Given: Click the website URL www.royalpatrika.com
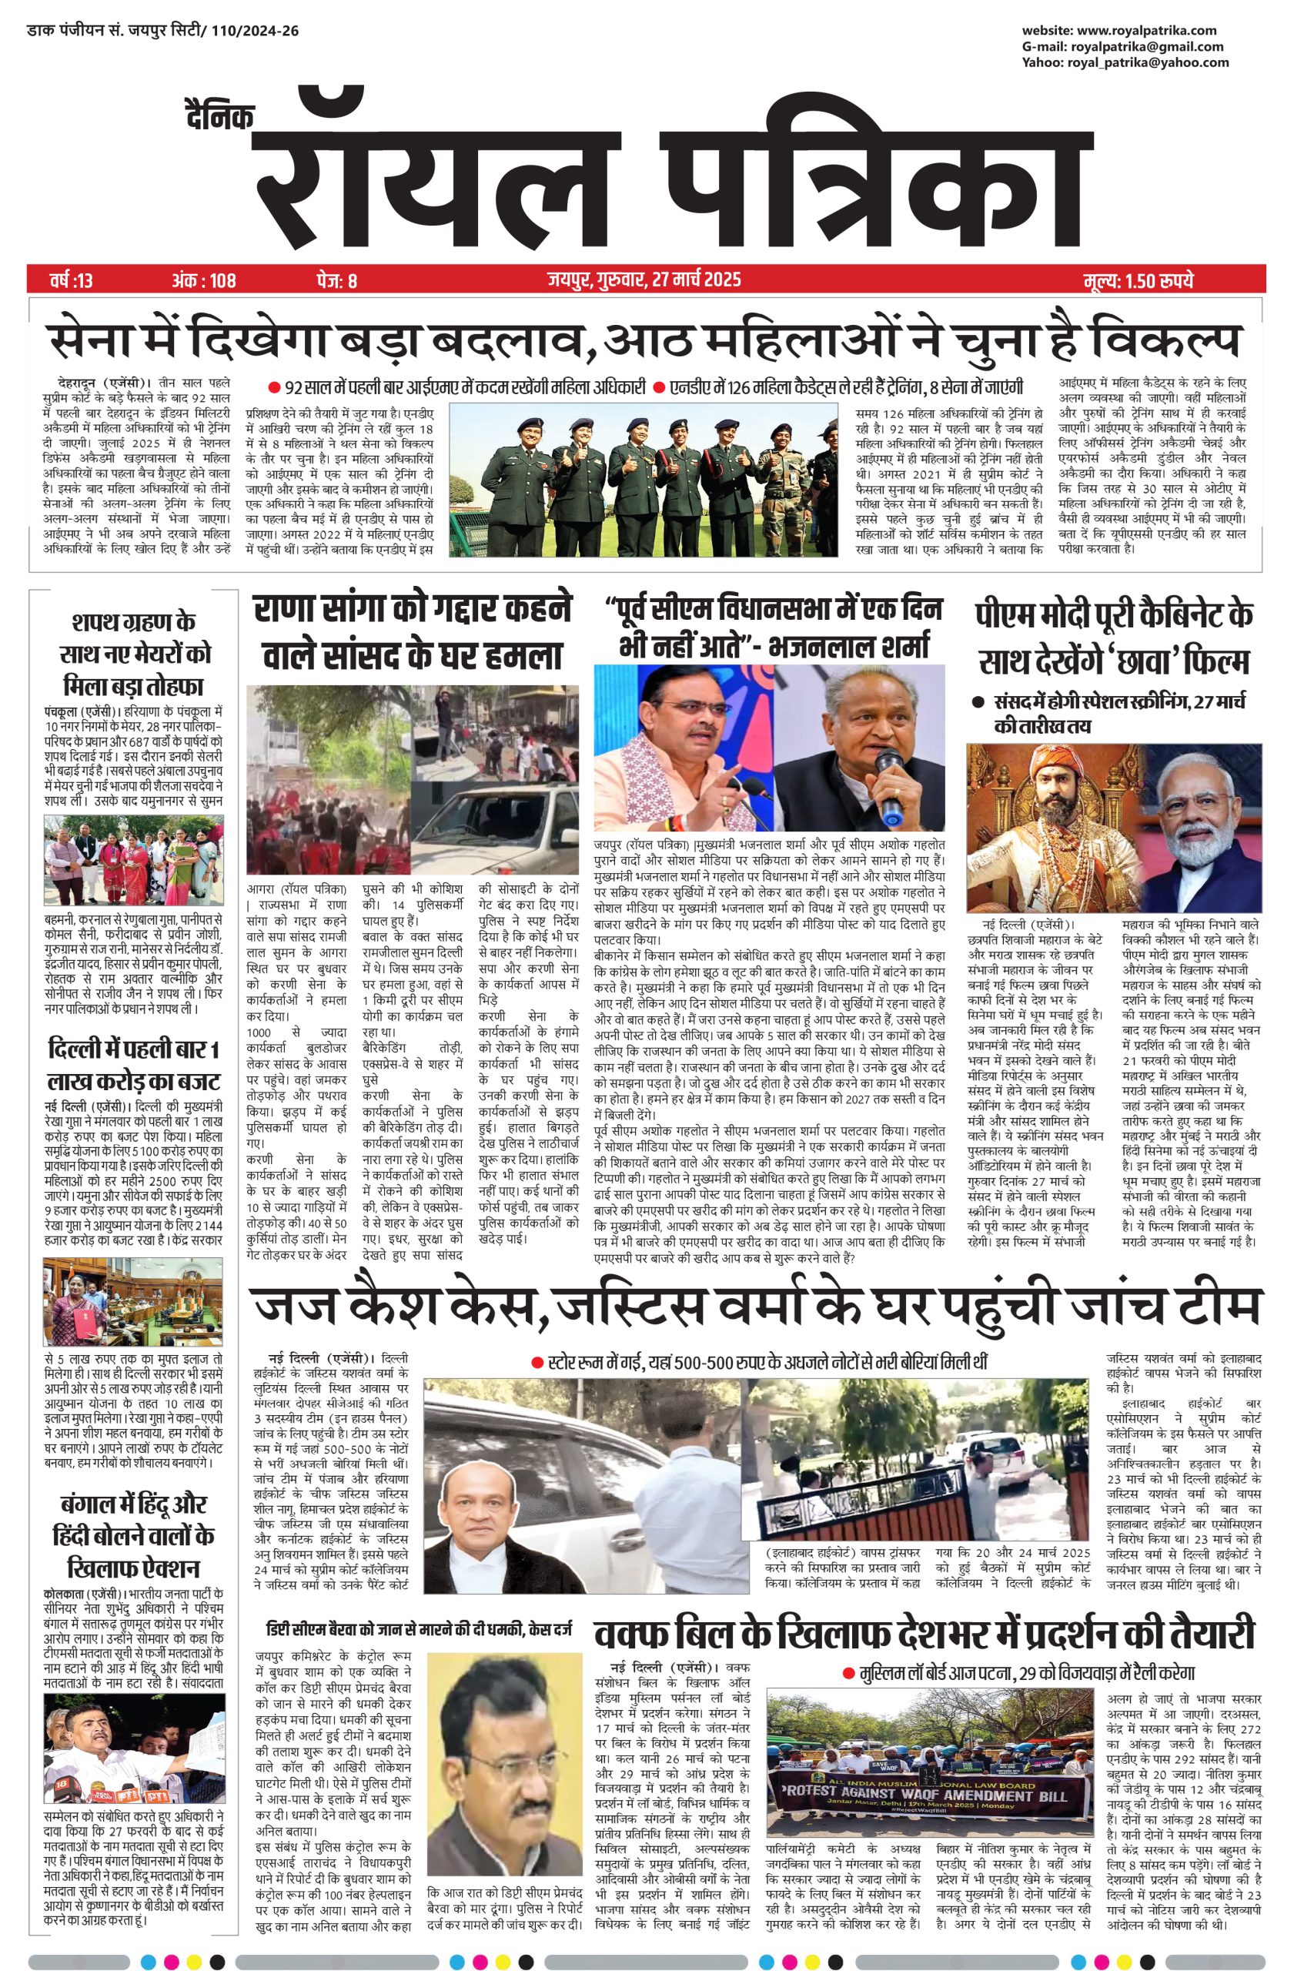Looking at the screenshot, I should click(1145, 31).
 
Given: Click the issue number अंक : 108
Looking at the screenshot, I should click(203, 280).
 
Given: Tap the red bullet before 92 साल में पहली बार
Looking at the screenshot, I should click(273, 387).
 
